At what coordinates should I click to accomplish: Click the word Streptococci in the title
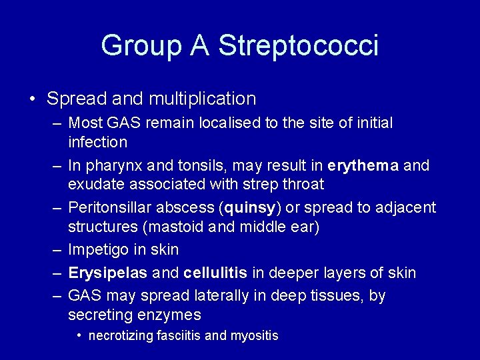click(x=298, y=46)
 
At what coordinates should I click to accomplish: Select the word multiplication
click(x=202, y=99)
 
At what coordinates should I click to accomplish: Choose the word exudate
click(x=94, y=184)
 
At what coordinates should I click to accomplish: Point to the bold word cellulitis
click(x=216, y=273)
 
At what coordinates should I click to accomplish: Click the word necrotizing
click(x=119, y=336)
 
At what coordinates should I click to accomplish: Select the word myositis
click(x=254, y=336)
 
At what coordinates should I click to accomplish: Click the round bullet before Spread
click(x=33, y=99)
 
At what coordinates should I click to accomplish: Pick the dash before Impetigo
click(x=55, y=250)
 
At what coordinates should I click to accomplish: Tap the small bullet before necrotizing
click(x=79, y=335)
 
